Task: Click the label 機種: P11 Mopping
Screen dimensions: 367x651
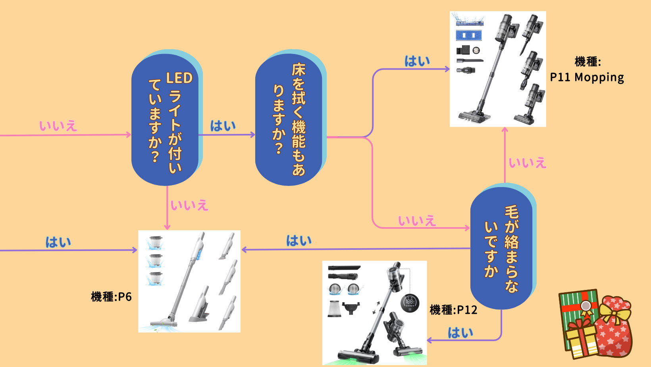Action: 587,70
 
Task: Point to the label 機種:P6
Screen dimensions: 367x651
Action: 111,297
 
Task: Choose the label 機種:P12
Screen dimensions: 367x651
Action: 453,310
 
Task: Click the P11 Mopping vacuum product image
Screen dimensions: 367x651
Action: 498,69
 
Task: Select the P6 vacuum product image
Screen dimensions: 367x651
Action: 189,281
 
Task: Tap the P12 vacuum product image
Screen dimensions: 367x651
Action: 374,313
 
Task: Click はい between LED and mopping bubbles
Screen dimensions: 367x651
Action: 223,126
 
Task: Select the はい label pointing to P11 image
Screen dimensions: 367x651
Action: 417,61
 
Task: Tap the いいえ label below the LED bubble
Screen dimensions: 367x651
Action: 189,205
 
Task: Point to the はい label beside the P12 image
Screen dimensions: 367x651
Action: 460,332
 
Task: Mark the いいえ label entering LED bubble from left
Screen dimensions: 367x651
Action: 58,126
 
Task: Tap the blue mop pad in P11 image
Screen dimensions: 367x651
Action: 469,35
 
